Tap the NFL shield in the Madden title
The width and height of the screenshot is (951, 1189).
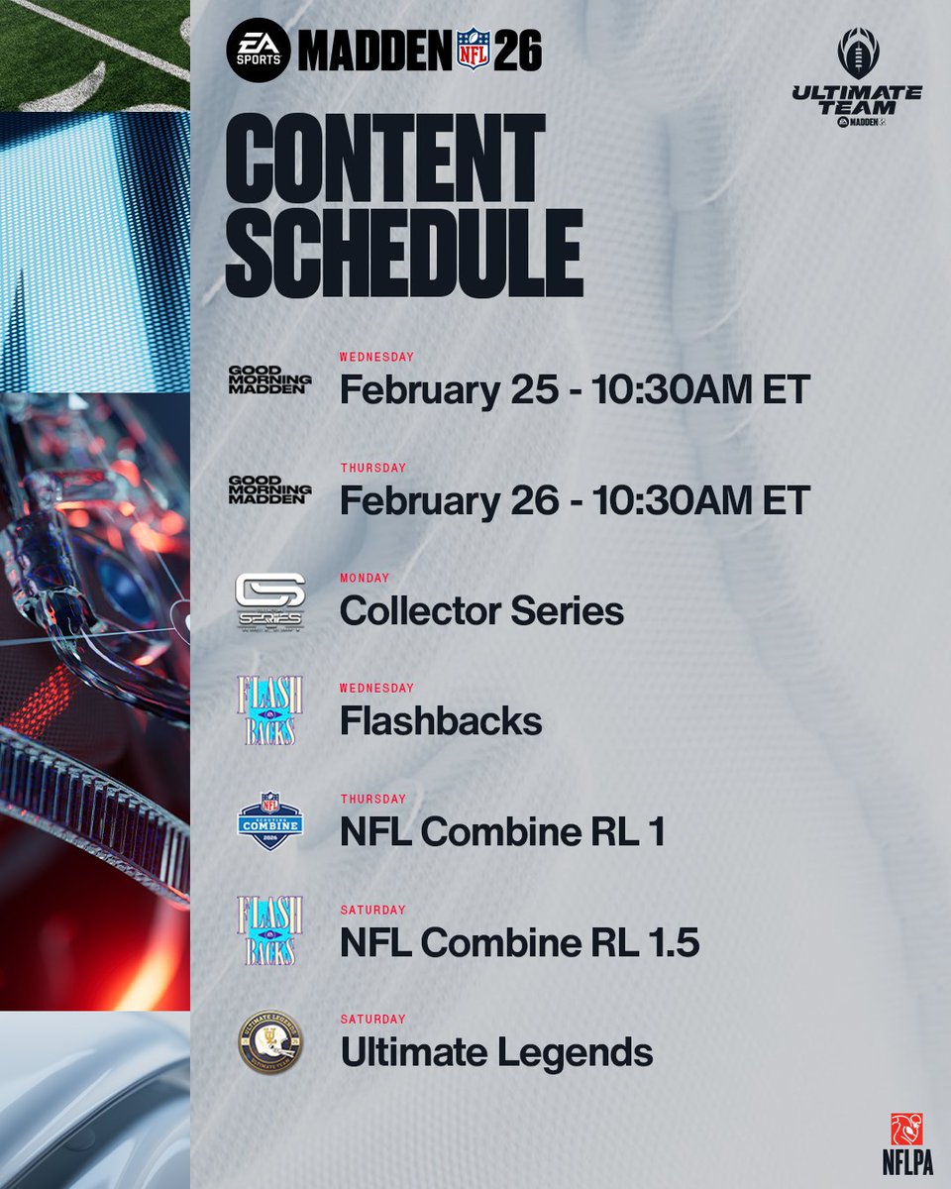[x=474, y=50]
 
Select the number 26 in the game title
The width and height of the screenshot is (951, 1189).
[x=518, y=50]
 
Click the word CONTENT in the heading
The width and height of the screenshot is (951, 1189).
[x=386, y=158]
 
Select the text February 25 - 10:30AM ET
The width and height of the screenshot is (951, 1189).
[x=575, y=390]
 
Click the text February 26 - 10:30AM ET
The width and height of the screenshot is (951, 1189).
[x=575, y=500]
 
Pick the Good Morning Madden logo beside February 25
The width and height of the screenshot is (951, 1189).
[x=269, y=380]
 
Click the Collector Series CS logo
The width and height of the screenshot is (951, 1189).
[x=269, y=601]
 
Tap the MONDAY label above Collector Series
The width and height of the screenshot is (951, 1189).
[x=365, y=578]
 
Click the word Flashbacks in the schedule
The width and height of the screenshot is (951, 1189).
[x=441, y=721]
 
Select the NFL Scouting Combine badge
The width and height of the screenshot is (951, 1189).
[x=269, y=821]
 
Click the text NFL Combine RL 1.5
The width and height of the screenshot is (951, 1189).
[x=519, y=943]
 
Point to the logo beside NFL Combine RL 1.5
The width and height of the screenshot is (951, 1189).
[x=269, y=932]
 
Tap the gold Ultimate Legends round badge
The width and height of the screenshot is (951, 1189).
[x=269, y=1042]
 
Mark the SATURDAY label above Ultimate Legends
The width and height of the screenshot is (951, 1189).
[x=372, y=1019]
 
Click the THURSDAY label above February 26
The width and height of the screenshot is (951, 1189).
[x=372, y=468]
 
